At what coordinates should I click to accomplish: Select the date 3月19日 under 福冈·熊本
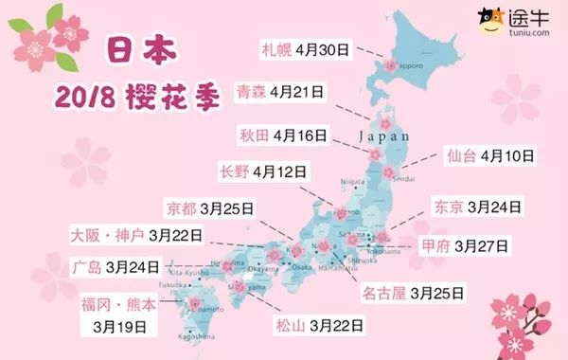(x=120, y=327)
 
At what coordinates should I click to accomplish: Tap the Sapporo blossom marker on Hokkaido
(x=388, y=66)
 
